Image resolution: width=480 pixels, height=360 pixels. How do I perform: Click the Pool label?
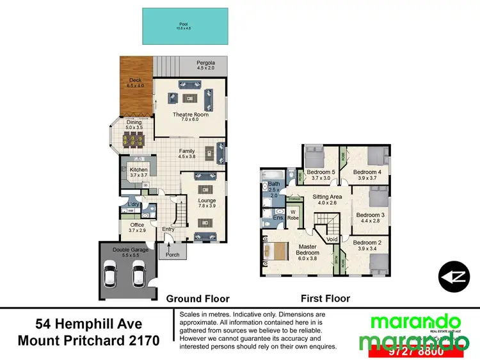point(184,26)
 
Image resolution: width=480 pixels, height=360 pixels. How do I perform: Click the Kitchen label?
point(139,172)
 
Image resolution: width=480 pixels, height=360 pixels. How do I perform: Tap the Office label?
point(137,227)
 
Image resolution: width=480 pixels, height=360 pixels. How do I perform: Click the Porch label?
point(172,254)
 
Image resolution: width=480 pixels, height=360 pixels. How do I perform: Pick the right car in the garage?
point(138,274)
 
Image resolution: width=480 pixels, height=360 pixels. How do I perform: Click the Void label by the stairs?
point(332,239)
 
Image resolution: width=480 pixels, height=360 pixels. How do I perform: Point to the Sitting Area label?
point(327,199)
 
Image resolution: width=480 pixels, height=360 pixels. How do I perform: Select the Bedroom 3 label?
point(371,218)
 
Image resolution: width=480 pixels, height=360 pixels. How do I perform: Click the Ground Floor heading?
point(198,299)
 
